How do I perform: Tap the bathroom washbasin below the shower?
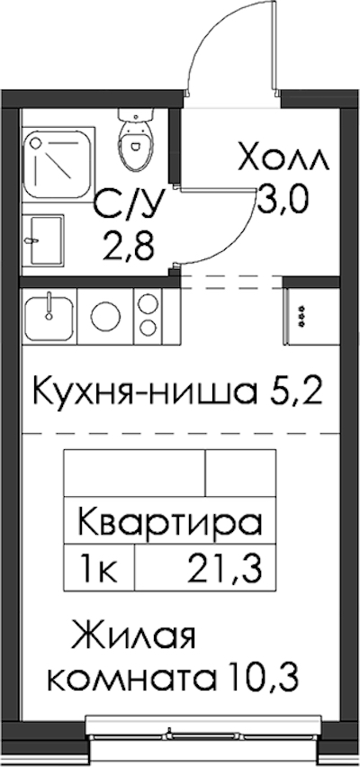[43, 240]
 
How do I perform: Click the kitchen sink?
[49, 318]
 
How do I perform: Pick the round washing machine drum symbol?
[104, 318]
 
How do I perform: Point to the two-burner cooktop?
[147, 316]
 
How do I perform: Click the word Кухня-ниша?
[145, 392]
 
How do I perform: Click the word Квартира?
[170, 522]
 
